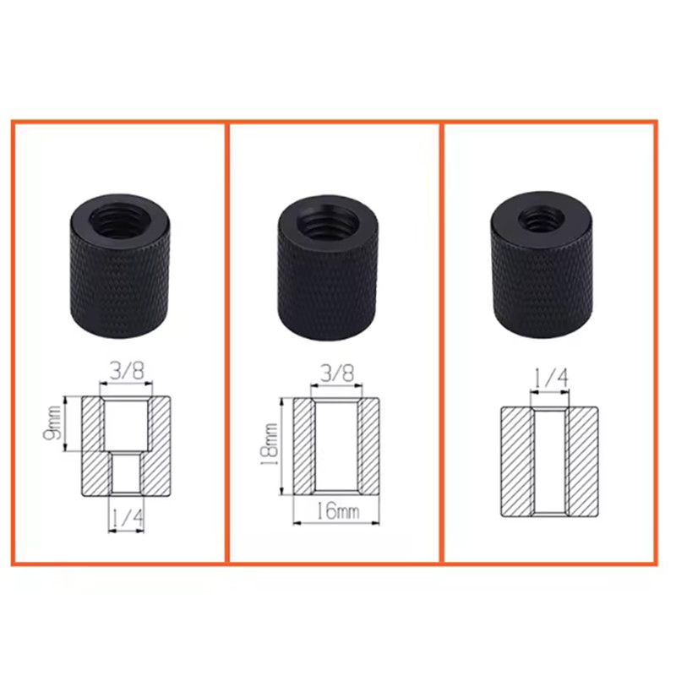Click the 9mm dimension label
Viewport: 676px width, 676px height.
tap(52, 423)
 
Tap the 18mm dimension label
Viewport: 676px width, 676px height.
tap(269, 444)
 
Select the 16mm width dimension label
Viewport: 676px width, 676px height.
tap(337, 512)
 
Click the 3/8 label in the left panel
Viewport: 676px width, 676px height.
tap(126, 371)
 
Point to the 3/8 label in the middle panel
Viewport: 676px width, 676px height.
tap(336, 373)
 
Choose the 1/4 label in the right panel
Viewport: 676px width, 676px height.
tap(551, 378)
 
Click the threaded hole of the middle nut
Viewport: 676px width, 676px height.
tap(329, 221)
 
